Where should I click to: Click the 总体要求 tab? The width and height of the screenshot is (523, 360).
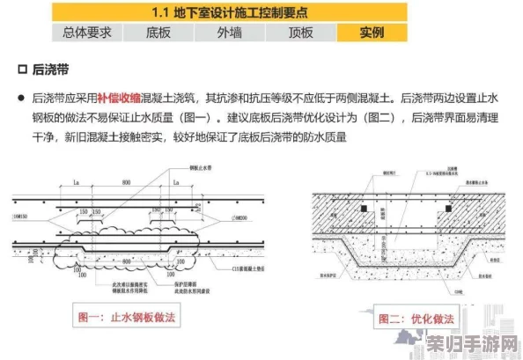coord(87,33)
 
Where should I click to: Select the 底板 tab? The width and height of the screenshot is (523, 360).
coord(158,33)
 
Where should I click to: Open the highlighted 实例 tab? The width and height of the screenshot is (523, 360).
coord(372,33)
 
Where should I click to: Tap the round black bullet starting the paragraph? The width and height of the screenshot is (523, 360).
coord(20,99)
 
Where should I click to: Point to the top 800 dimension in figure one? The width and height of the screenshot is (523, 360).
coord(127,182)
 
